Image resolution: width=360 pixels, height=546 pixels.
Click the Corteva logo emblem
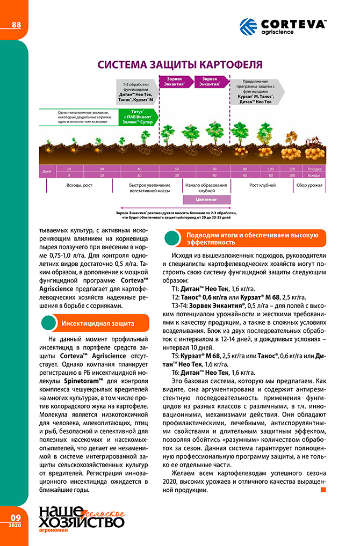[x=248, y=26]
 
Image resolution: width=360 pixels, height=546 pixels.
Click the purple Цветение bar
[x=206, y=199]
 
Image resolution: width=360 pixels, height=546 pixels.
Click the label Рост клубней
[x=262, y=185]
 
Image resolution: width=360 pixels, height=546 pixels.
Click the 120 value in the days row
[x=292, y=169]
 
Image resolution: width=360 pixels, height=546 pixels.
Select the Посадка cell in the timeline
[x=315, y=169]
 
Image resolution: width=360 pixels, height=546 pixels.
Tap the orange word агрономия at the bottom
[x=53, y=537]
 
